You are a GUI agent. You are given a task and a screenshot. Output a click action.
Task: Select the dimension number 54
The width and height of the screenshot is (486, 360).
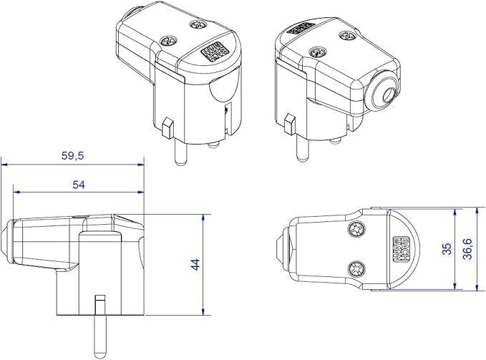[x=79, y=184]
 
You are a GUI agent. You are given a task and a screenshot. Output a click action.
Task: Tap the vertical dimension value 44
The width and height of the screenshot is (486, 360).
[x=195, y=264]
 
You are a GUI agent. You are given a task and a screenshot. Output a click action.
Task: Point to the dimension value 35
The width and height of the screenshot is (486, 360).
[x=447, y=249]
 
